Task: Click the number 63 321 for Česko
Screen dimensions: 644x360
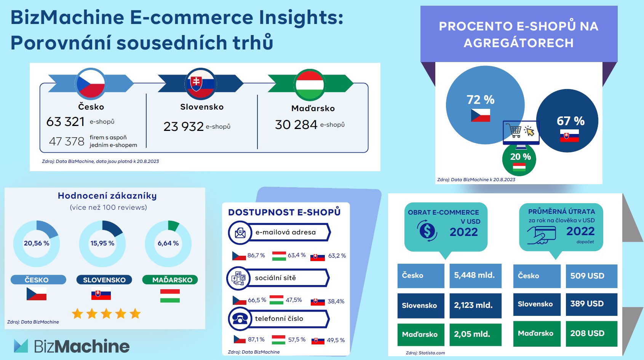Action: [65, 121]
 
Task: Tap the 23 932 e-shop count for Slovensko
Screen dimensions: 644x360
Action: [184, 126]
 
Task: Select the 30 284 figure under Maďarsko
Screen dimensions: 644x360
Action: [296, 125]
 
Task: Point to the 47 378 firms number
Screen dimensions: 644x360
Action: [67, 141]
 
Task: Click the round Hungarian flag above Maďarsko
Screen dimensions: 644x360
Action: [310, 85]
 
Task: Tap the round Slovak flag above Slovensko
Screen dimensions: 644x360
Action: [200, 84]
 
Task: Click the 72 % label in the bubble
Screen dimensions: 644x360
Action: [480, 100]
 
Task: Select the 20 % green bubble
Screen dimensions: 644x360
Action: [519, 159]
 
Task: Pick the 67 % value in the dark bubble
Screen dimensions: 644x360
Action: [570, 121]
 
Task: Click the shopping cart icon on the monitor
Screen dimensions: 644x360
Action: [513, 131]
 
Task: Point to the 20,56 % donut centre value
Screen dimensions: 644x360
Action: [37, 243]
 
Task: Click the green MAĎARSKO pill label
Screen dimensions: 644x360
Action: [170, 280]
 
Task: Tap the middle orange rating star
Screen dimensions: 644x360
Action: [106, 314]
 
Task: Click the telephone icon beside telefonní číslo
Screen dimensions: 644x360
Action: [240, 319]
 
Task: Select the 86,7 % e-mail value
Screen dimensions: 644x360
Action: [256, 255]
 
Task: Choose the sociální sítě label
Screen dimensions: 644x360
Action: [275, 278]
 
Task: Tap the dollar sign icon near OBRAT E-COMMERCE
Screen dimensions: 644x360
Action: [427, 231]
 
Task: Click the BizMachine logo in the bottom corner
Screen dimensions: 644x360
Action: [72, 346]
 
